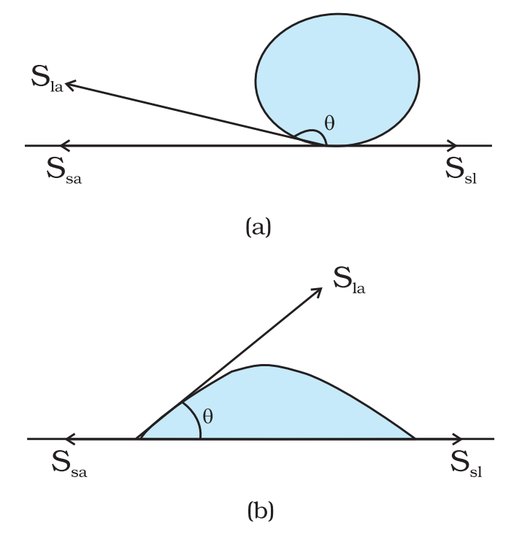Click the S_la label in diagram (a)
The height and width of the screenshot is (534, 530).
[47, 78]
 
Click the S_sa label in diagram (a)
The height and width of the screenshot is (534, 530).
[64, 170]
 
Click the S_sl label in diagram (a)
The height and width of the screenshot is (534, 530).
[461, 170]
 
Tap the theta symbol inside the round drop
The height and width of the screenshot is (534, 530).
[329, 123]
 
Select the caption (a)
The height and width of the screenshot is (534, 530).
[258, 227]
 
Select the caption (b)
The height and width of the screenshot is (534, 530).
[261, 510]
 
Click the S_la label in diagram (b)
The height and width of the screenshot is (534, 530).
[349, 280]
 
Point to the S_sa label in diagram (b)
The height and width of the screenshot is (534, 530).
[69, 464]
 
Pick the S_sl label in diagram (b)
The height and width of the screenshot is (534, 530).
[466, 464]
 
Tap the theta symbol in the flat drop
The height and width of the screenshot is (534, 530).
[208, 416]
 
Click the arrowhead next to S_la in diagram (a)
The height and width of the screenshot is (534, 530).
[70, 85]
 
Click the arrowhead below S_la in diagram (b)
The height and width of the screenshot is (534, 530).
[317, 293]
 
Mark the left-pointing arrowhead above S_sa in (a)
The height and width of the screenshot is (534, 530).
[65, 145]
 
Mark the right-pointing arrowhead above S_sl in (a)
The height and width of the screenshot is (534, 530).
[452, 145]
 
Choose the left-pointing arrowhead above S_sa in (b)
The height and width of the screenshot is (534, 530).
[70, 438]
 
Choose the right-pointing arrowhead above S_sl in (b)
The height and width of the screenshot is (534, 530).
[457, 438]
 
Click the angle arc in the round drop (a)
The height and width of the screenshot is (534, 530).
[312, 130]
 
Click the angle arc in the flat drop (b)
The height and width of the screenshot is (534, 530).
[196, 419]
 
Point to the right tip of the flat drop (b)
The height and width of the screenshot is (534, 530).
[415, 438]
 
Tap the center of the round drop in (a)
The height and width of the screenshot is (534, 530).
[337, 80]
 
